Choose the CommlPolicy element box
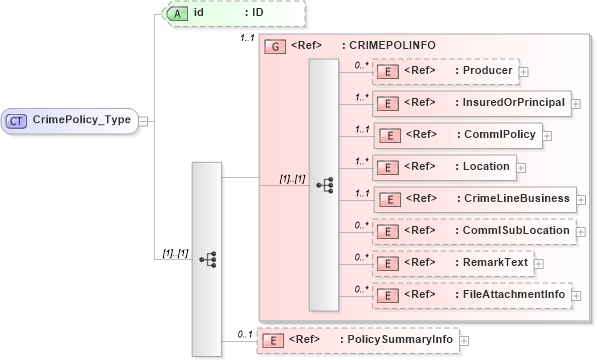click(456, 134)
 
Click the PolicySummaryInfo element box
click(357, 340)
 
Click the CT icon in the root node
click(17, 120)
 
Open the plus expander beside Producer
click(524, 71)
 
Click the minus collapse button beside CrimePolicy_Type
click(144, 120)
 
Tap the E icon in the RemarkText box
click(385, 262)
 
